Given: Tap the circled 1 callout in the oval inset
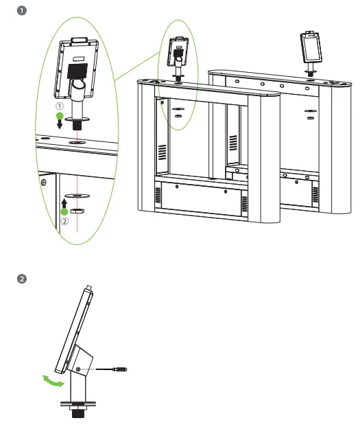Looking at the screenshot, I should pos(60,107).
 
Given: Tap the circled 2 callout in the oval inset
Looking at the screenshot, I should pos(64,221).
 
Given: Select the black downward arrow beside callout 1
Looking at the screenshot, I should pos(60,124).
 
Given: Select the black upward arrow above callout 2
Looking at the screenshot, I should pos(64,204).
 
